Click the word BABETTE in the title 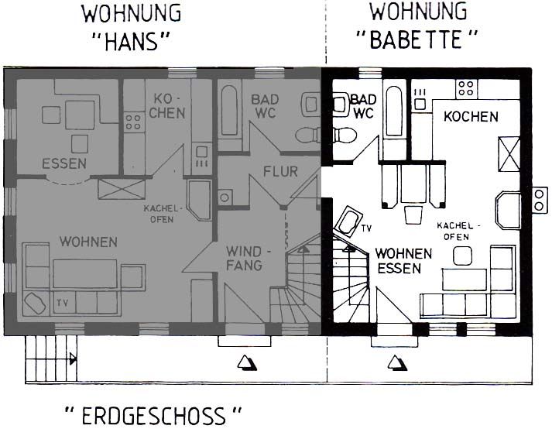click(416, 39)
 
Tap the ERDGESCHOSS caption click(153, 416)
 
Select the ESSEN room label click(64, 163)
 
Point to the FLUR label click(280, 172)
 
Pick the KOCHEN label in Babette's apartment click(471, 117)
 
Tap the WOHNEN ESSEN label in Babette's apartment click(403, 261)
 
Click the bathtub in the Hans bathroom click(229, 110)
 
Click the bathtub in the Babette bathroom click(394, 111)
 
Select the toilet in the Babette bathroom click(344, 135)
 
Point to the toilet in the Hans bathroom click(307, 136)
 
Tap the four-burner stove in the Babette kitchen click(466, 88)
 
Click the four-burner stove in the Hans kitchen click(133, 122)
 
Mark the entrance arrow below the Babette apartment click(397, 363)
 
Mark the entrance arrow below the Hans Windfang click(247, 363)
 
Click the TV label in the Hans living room click(62, 303)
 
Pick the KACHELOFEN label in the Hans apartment click(163, 214)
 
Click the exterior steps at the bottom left click(51, 358)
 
